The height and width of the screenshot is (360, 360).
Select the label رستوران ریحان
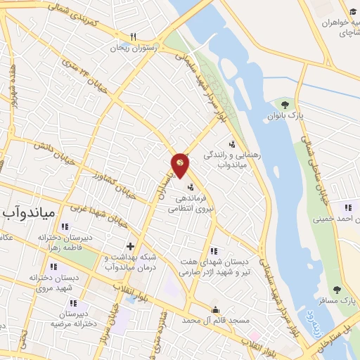(x=141, y=49)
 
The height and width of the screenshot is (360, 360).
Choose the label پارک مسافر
(x=344, y=301)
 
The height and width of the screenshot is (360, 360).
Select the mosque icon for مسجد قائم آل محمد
(x=216, y=309)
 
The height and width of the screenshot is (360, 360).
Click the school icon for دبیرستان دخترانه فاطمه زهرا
(x=65, y=226)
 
